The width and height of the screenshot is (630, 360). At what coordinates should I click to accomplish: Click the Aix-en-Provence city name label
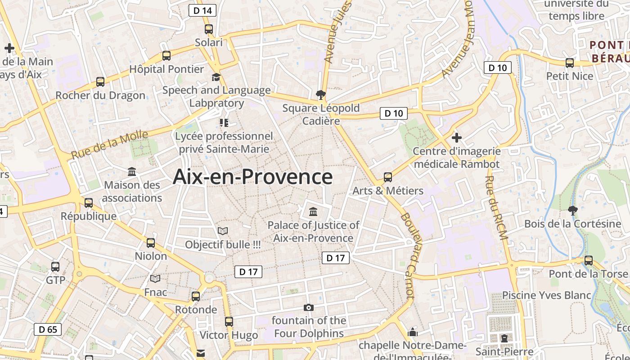[x=252, y=176]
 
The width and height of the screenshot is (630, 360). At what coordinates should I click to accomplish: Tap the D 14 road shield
[x=202, y=10]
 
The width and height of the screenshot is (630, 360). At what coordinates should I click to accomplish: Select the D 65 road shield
[x=48, y=329]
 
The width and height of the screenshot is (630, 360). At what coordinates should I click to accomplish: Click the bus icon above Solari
[x=209, y=29]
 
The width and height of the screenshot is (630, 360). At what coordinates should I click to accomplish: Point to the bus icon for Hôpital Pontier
[x=166, y=56]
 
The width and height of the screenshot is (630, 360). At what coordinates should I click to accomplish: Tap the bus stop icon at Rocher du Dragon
[x=100, y=82]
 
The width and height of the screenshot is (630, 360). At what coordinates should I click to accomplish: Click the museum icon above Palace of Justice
[x=313, y=211]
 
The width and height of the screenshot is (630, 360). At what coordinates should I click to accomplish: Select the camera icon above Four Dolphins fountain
[x=309, y=307]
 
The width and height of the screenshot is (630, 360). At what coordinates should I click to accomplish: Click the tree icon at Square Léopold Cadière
[x=321, y=94]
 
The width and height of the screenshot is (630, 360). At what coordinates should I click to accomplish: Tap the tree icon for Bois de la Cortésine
[x=572, y=210]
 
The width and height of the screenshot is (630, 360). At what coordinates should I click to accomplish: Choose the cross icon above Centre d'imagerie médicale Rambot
[x=457, y=137]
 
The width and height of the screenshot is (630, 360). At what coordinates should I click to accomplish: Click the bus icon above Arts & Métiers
[x=388, y=177]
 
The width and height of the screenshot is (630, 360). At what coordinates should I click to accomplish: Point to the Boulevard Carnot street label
[x=408, y=255]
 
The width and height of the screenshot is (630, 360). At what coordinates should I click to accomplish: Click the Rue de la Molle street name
[x=109, y=144]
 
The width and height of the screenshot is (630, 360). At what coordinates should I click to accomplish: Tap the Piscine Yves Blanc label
[x=546, y=295]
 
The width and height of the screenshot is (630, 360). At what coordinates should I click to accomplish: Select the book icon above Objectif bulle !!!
[x=223, y=231]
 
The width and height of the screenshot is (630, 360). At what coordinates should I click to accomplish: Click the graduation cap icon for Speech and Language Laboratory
[x=216, y=77]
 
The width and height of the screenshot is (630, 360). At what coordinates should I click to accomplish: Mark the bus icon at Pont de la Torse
[x=588, y=260]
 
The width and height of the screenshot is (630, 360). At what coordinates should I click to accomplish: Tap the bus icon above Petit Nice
[x=570, y=63]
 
